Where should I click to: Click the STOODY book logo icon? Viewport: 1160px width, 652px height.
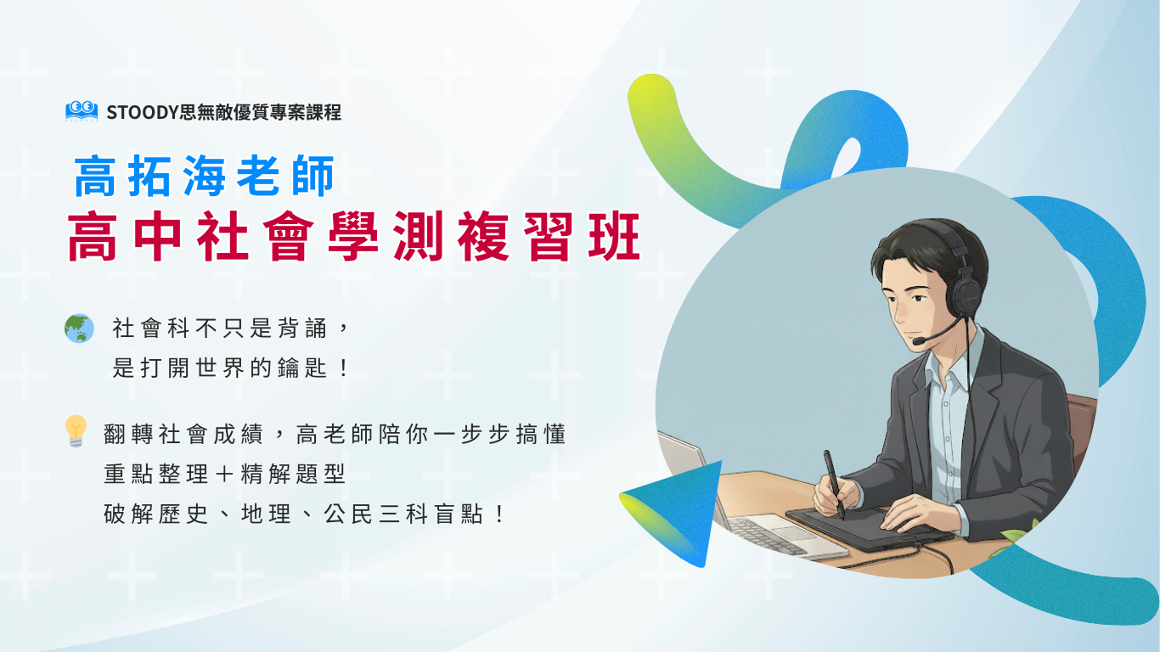[x=82, y=111]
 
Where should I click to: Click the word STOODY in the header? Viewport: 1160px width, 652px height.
[x=143, y=112]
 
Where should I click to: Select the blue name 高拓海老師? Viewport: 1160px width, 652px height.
[x=205, y=176]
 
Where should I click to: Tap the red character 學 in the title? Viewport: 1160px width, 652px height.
[x=353, y=236]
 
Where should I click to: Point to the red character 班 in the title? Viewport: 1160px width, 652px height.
[x=615, y=236]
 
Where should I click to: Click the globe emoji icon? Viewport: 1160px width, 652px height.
[x=79, y=329]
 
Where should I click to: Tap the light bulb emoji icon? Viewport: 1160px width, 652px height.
[x=76, y=431]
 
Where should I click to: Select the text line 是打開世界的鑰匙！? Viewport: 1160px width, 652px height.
[x=231, y=368]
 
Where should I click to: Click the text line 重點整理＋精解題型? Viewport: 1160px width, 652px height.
[x=224, y=474]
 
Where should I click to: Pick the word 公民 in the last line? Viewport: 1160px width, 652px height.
[x=348, y=514]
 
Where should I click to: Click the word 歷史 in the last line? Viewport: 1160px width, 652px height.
[x=183, y=514]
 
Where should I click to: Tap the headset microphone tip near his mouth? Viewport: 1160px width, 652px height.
[x=919, y=340]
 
